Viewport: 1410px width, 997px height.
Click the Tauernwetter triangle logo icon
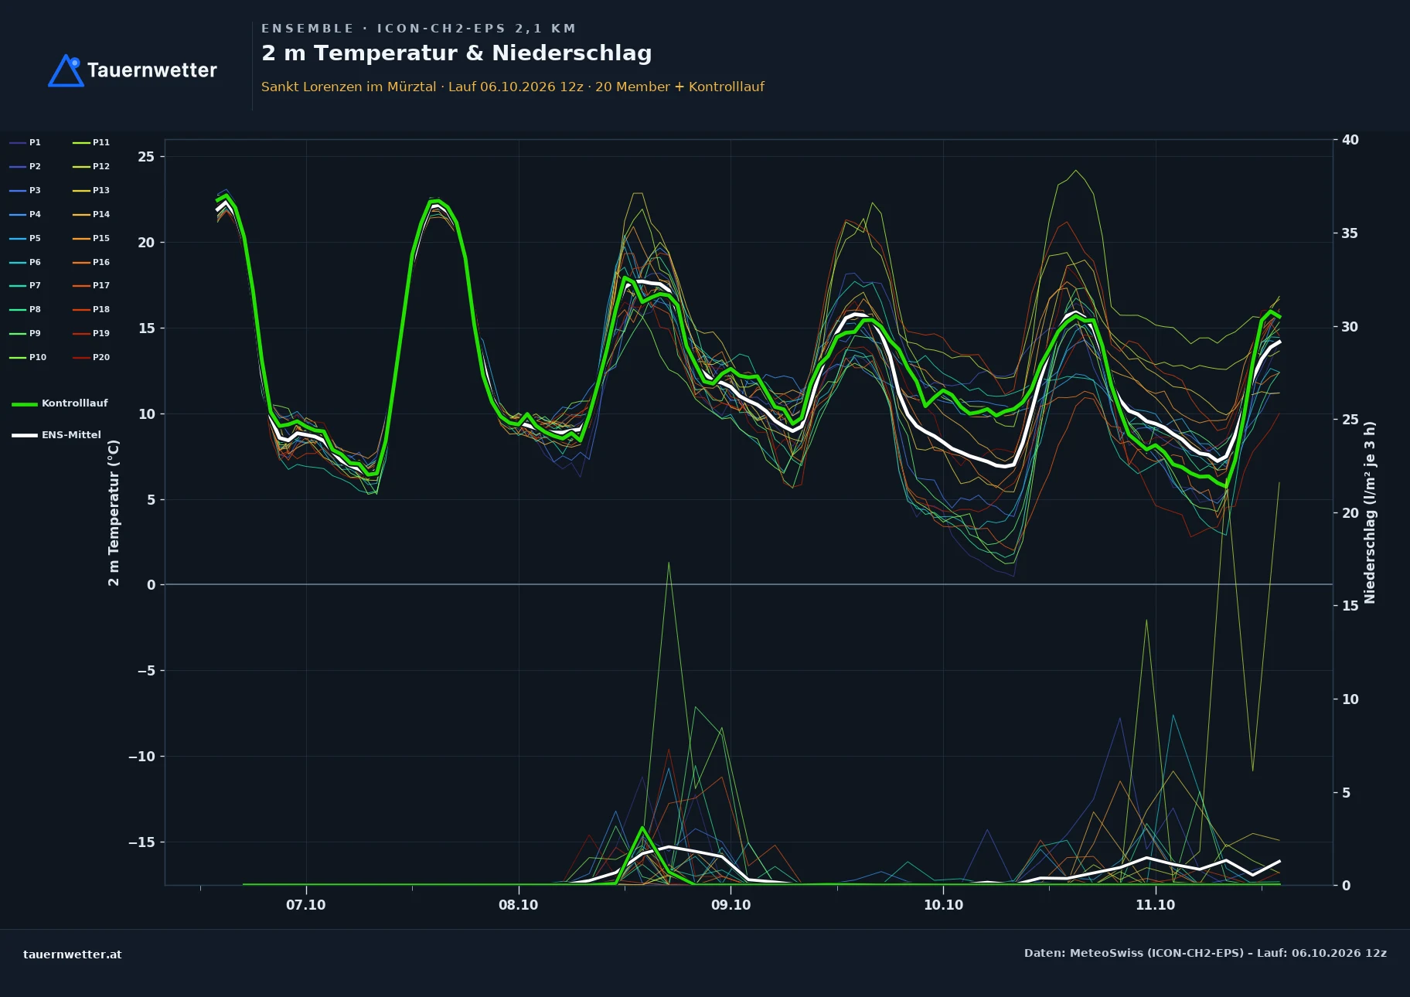[66, 70]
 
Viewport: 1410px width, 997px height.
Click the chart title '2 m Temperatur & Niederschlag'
[456, 53]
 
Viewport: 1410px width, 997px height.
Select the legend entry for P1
[26, 142]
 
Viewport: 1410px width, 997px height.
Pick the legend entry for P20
[91, 357]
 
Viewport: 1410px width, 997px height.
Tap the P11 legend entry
[91, 142]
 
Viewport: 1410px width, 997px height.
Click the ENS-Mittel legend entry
[56, 435]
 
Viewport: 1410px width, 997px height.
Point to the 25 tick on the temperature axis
[146, 157]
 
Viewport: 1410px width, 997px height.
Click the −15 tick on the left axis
[141, 842]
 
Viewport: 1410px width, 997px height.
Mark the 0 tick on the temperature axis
[152, 585]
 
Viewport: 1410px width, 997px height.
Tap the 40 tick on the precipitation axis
[1350, 140]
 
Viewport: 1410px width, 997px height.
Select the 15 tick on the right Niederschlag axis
[1350, 606]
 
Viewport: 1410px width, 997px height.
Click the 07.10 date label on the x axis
[306, 905]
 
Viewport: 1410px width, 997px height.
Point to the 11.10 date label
[1155, 905]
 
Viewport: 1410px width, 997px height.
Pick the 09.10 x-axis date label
[731, 905]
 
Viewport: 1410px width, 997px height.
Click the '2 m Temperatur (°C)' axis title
[114, 513]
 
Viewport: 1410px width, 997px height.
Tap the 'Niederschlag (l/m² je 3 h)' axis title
[1370, 512]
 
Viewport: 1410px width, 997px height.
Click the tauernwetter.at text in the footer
[73, 954]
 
